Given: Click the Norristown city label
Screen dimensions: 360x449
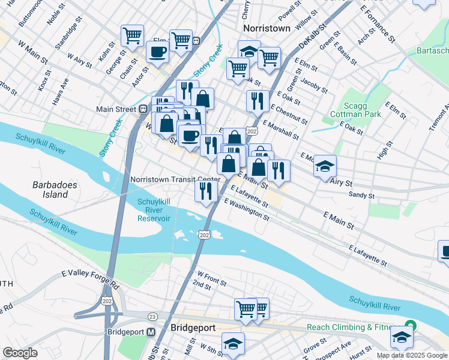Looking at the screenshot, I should tap(267, 28).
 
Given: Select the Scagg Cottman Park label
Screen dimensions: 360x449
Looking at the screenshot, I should tap(356, 108).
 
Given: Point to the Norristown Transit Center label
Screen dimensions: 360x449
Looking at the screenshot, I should tap(175, 179).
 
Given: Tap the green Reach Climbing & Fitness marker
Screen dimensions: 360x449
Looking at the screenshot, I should tap(410, 326).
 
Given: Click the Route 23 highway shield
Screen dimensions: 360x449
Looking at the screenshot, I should tap(152, 316).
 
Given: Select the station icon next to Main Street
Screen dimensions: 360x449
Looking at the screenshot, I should tap(143, 109).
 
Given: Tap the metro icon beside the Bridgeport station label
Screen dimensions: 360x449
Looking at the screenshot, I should tap(151, 332).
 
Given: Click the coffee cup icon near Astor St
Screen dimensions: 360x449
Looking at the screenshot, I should tap(158, 52).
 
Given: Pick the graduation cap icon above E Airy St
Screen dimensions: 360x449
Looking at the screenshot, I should tap(325, 166).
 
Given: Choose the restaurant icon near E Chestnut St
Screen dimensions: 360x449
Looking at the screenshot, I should tap(258, 101).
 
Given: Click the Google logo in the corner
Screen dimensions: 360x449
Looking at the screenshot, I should tap(20, 353).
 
